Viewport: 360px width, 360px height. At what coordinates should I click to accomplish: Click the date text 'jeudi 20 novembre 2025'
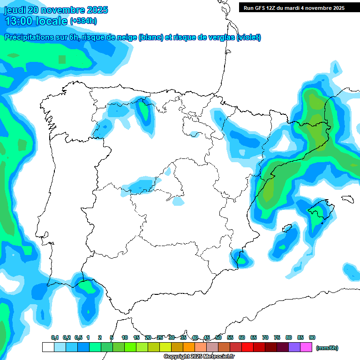click(x=56, y=10)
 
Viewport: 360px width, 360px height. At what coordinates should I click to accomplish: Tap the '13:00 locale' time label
click(x=36, y=21)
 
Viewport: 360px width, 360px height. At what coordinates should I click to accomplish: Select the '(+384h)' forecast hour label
click(x=83, y=21)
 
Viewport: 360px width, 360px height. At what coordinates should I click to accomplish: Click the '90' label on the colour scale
click(x=312, y=337)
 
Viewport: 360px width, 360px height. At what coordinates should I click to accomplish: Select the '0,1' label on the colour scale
click(x=54, y=337)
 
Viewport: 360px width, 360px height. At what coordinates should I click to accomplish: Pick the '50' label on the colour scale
click(x=218, y=337)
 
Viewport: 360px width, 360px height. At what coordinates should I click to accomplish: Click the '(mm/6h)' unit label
click(x=327, y=348)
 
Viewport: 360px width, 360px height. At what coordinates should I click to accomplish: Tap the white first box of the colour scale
click(x=48, y=347)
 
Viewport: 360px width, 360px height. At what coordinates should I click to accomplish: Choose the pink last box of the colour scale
click(x=306, y=347)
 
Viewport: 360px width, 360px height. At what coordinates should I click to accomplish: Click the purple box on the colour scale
click(x=294, y=347)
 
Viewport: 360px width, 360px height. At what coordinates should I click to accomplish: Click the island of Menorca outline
click(x=347, y=199)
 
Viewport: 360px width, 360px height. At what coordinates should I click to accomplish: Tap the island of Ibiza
click(x=285, y=229)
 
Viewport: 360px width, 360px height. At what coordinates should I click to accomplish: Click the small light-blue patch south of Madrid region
click(x=178, y=201)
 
